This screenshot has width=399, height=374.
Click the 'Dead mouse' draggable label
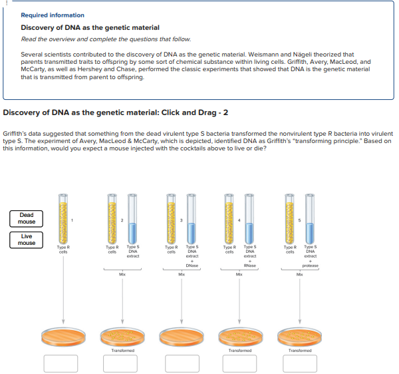27,218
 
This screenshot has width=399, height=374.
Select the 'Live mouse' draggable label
27,240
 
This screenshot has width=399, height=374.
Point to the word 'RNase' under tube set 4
250,266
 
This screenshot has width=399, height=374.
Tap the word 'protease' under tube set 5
310,266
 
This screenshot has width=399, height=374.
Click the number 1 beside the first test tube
73,220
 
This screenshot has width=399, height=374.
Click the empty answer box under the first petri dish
63,363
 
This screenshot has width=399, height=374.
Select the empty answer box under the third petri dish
180,363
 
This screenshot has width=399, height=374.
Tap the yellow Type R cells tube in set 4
231,219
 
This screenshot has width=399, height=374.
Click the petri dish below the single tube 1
63,336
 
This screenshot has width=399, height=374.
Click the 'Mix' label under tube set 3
180,274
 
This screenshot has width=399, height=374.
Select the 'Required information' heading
53,15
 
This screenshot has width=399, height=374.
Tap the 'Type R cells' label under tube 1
63,249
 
